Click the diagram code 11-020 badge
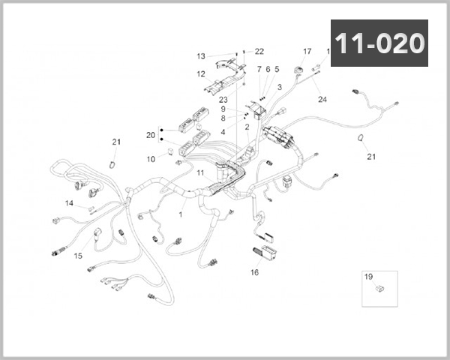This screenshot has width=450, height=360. coord(379,43)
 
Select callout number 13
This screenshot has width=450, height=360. coord(201,56)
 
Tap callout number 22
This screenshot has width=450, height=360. coord(259,52)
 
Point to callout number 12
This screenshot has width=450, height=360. coord(201,74)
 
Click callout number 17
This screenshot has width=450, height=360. coord(307,52)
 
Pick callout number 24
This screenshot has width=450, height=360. coord(322,99)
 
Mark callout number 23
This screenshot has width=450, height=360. coord(223,99)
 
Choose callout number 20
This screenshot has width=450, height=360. coord(151,135)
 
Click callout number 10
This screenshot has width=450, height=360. coord(151,159)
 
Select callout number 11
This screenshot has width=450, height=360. coord(200,173)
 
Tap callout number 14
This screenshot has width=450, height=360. coord(69,203)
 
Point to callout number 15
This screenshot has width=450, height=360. coord(77,256)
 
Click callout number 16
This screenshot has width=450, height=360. coord(254,272)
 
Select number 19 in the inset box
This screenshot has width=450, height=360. coord(368,277)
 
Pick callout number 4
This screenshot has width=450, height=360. coord(223,131)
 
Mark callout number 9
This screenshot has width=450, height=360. coord(223,109)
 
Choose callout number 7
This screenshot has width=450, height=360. coord(259,69)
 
